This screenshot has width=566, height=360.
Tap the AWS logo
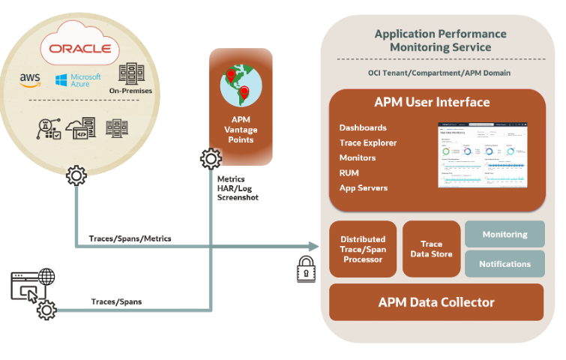[x=31, y=79]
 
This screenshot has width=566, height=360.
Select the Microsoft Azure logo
[x=77, y=79]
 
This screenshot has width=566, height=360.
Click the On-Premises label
[x=130, y=91]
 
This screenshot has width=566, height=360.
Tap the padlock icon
[x=305, y=268]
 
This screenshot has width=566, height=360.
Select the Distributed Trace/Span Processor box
[x=363, y=249]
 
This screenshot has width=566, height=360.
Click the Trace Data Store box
[x=431, y=249]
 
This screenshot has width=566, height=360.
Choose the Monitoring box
[x=505, y=235]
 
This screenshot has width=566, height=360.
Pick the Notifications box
[x=505, y=264]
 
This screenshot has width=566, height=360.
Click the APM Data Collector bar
[x=436, y=302]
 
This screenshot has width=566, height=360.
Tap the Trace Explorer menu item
[x=368, y=142]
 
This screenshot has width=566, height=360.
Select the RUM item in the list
[x=349, y=172]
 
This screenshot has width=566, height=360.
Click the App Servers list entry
[x=364, y=187]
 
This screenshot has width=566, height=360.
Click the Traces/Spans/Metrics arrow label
[x=130, y=238]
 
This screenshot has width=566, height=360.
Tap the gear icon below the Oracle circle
[x=76, y=176]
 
